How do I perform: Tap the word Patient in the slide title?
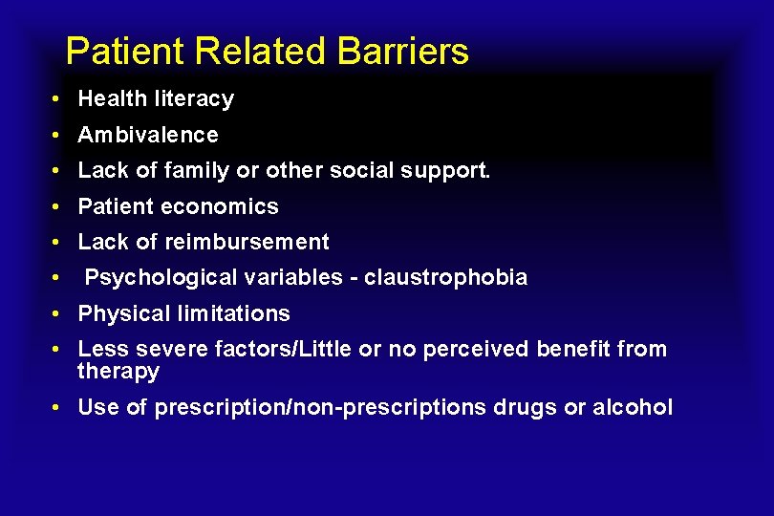pos(116,51)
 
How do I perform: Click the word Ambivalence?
pos(148,135)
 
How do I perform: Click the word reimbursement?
pos(249,242)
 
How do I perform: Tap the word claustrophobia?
pos(445,277)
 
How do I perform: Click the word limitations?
pos(234,313)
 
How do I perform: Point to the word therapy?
pos(118,372)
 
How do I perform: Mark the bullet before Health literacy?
pos(58,99)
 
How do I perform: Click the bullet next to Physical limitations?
pos(58,314)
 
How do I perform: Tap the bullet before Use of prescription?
pos(58,408)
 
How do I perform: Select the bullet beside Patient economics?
pos(58,207)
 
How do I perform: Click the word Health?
pos(106,98)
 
